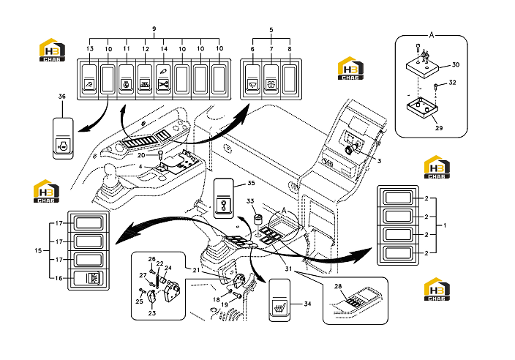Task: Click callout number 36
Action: point(62,97)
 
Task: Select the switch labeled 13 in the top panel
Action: point(89,79)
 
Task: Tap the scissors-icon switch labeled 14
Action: point(163,79)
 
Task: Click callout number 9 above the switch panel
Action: point(154,29)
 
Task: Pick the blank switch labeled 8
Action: point(290,79)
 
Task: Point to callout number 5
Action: point(271,29)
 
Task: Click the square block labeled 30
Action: point(422,68)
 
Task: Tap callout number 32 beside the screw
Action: point(452,82)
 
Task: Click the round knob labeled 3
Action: point(350,149)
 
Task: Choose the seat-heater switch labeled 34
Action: point(279,300)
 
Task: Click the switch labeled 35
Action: point(224,198)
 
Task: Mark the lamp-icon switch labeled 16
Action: point(88,278)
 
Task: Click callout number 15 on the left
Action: point(38,250)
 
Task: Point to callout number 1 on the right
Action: point(445,225)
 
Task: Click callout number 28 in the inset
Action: point(338,286)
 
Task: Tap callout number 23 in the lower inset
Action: point(151,313)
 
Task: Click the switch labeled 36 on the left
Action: point(63,138)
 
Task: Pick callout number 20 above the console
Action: point(141,155)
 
